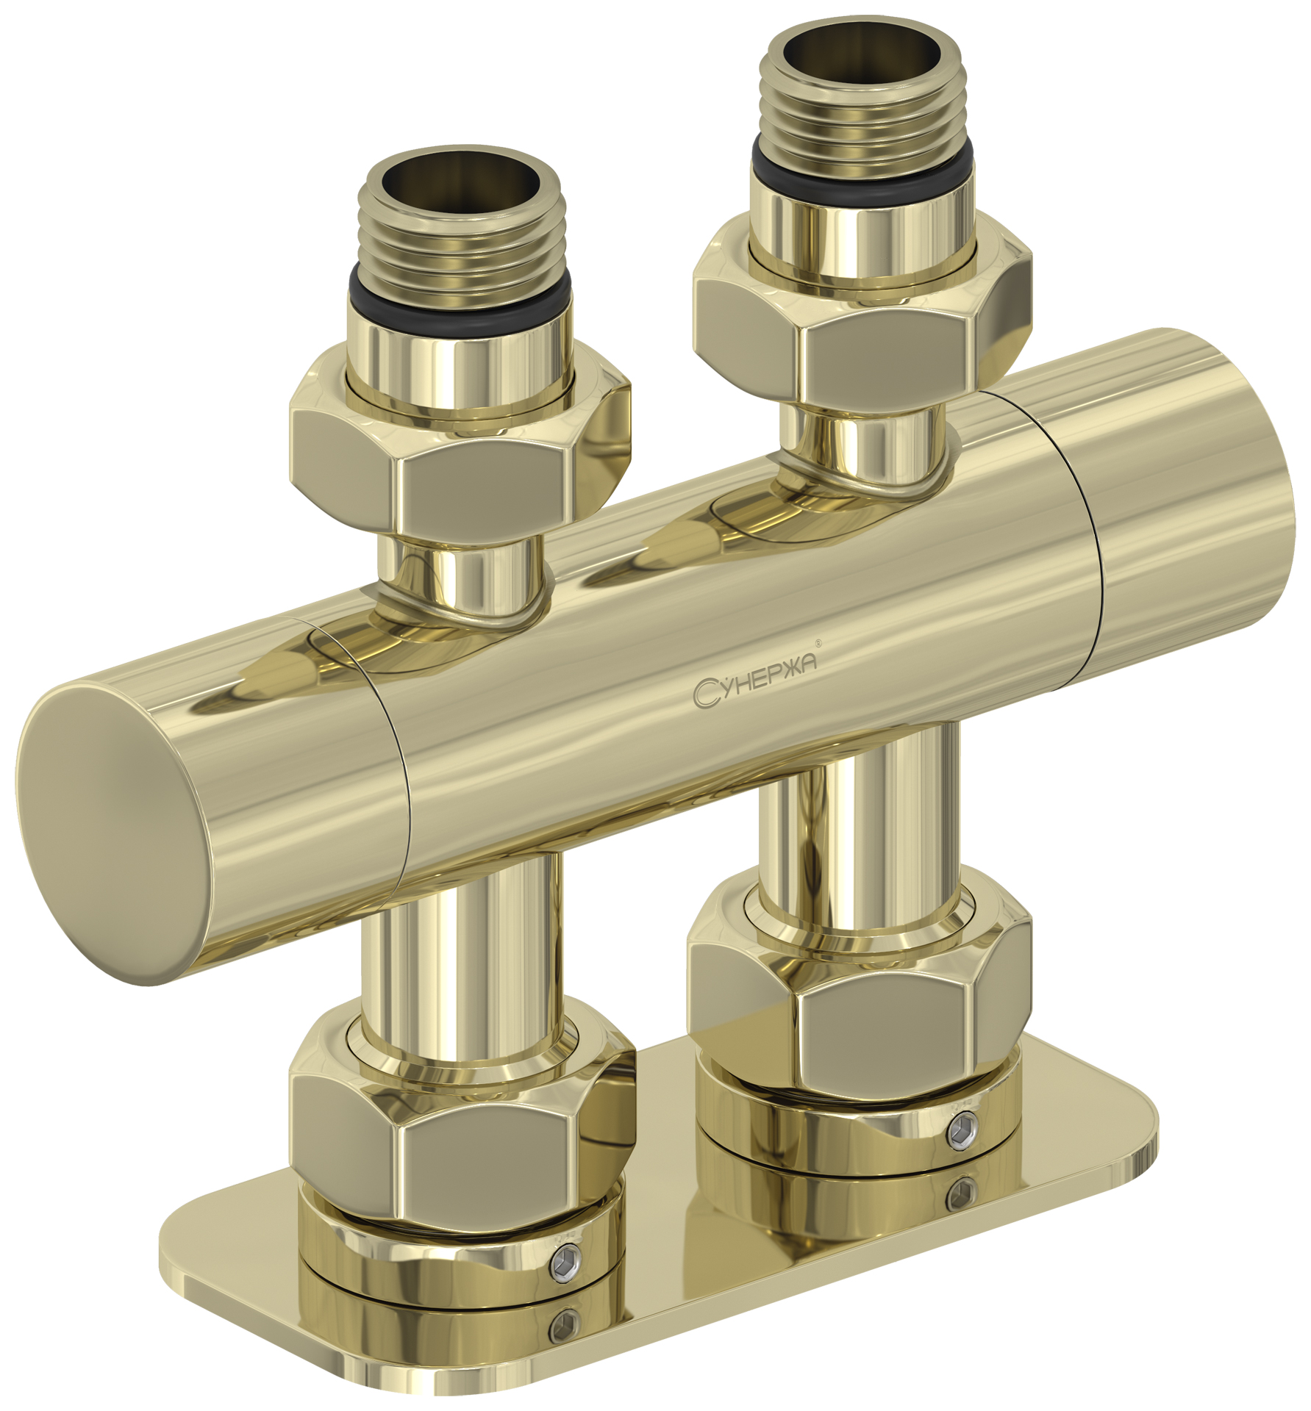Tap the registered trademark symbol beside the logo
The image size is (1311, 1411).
[x=819, y=644]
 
